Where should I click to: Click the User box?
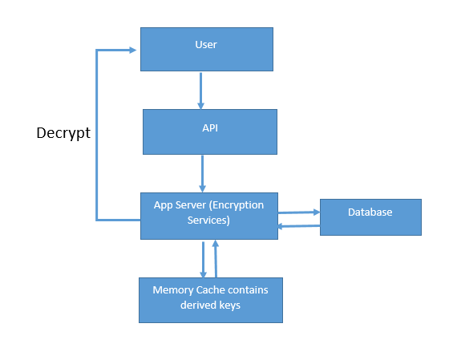point(207,49)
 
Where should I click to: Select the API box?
point(210,131)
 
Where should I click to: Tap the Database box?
point(370,217)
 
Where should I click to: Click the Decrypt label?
point(63,133)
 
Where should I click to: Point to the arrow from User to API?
point(200,91)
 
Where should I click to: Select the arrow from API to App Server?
point(203,174)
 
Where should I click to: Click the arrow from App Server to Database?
point(299,212)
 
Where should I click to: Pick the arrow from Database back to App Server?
point(299,226)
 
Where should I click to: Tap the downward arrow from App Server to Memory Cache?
point(204,260)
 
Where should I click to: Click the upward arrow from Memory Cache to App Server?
point(216,259)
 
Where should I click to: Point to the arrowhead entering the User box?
point(132,51)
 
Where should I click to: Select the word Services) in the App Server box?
point(208,220)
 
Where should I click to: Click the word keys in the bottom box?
point(229,305)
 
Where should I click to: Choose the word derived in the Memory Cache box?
point(198,305)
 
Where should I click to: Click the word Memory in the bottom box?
point(173,290)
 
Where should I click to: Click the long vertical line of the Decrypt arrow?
point(97,136)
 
